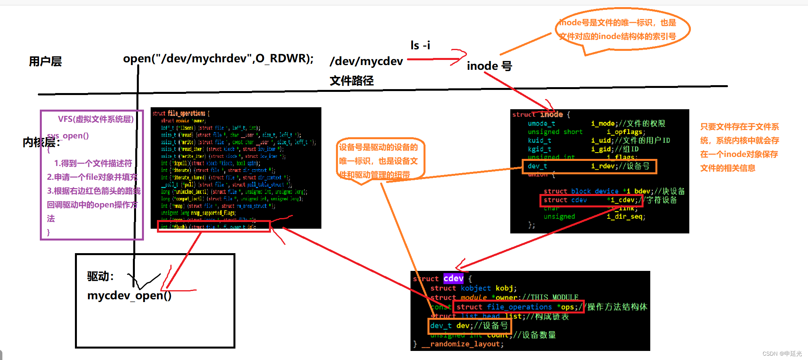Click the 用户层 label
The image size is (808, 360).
point(45,62)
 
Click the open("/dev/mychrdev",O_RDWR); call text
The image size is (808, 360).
point(218,59)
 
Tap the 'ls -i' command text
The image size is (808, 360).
point(420,46)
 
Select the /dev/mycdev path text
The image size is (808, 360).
point(366,62)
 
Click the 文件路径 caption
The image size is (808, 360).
point(351,81)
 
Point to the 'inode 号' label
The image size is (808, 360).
point(489,66)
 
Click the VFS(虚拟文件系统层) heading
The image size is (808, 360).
point(95,119)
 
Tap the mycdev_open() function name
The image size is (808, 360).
point(129,295)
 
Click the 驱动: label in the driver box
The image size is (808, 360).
point(101,276)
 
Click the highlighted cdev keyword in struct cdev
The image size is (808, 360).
point(453,278)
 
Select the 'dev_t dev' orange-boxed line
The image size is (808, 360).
point(469,326)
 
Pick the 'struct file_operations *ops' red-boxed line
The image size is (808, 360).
point(517,307)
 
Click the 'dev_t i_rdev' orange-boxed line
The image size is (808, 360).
point(589,166)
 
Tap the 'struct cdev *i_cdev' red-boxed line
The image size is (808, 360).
point(590,200)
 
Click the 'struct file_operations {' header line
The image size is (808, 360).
point(181,114)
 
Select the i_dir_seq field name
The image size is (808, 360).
point(625,216)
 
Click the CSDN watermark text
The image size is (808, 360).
point(782,354)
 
